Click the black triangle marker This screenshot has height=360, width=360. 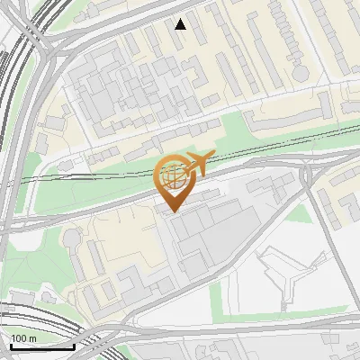(181, 24)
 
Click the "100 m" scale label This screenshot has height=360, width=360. (23, 338)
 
